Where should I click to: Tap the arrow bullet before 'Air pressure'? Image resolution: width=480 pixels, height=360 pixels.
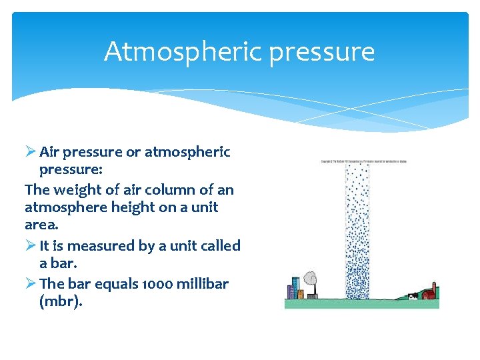(30, 152)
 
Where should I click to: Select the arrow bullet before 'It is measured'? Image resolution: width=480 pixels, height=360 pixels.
(30, 246)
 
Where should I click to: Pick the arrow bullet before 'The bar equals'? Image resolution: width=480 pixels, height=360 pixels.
(30, 284)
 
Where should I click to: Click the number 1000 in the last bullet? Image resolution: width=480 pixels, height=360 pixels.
(156, 284)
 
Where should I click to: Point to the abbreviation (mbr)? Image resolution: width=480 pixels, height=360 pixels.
(61, 302)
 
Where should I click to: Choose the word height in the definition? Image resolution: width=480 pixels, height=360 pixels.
(122, 207)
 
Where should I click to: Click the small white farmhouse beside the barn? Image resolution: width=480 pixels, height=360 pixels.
(413, 296)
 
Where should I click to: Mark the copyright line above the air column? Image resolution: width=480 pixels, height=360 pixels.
(363, 161)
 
